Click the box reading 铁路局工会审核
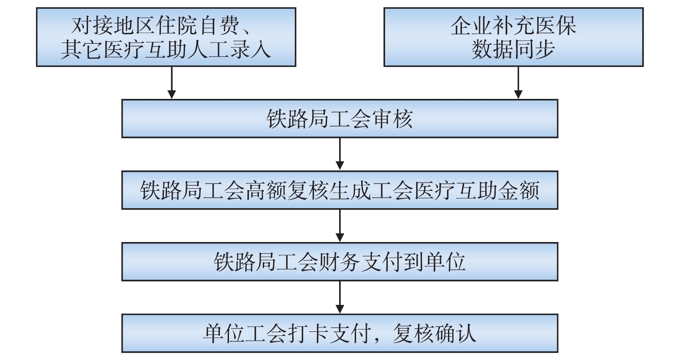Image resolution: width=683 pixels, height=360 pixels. click(x=340, y=119)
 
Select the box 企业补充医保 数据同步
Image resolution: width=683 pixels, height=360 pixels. click(x=513, y=37)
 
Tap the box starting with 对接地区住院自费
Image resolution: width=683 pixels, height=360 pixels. click(x=166, y=37)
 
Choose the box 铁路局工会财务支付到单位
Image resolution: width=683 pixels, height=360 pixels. click(x=340, y=262)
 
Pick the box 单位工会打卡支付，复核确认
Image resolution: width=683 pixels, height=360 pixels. click(x=340, y=334)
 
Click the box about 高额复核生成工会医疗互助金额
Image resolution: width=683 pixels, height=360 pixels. click(x=340, y=190)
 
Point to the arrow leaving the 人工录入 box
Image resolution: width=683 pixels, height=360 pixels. click(x=172, y=83)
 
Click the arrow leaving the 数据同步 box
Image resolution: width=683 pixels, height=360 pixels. click(x=518, y=83)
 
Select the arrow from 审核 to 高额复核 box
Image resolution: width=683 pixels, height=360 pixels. click(x=340, y=154)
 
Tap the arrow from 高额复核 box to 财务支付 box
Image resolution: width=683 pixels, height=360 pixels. click(x=340, y=226)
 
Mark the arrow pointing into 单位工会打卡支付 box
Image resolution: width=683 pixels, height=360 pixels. click(x=340, y=297)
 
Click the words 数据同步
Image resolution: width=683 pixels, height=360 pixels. click(x=513, y=49)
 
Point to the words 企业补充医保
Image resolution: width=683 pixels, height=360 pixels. click(x=513, y=26)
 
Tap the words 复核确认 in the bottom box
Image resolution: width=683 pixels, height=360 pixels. click(x=434, y=334)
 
